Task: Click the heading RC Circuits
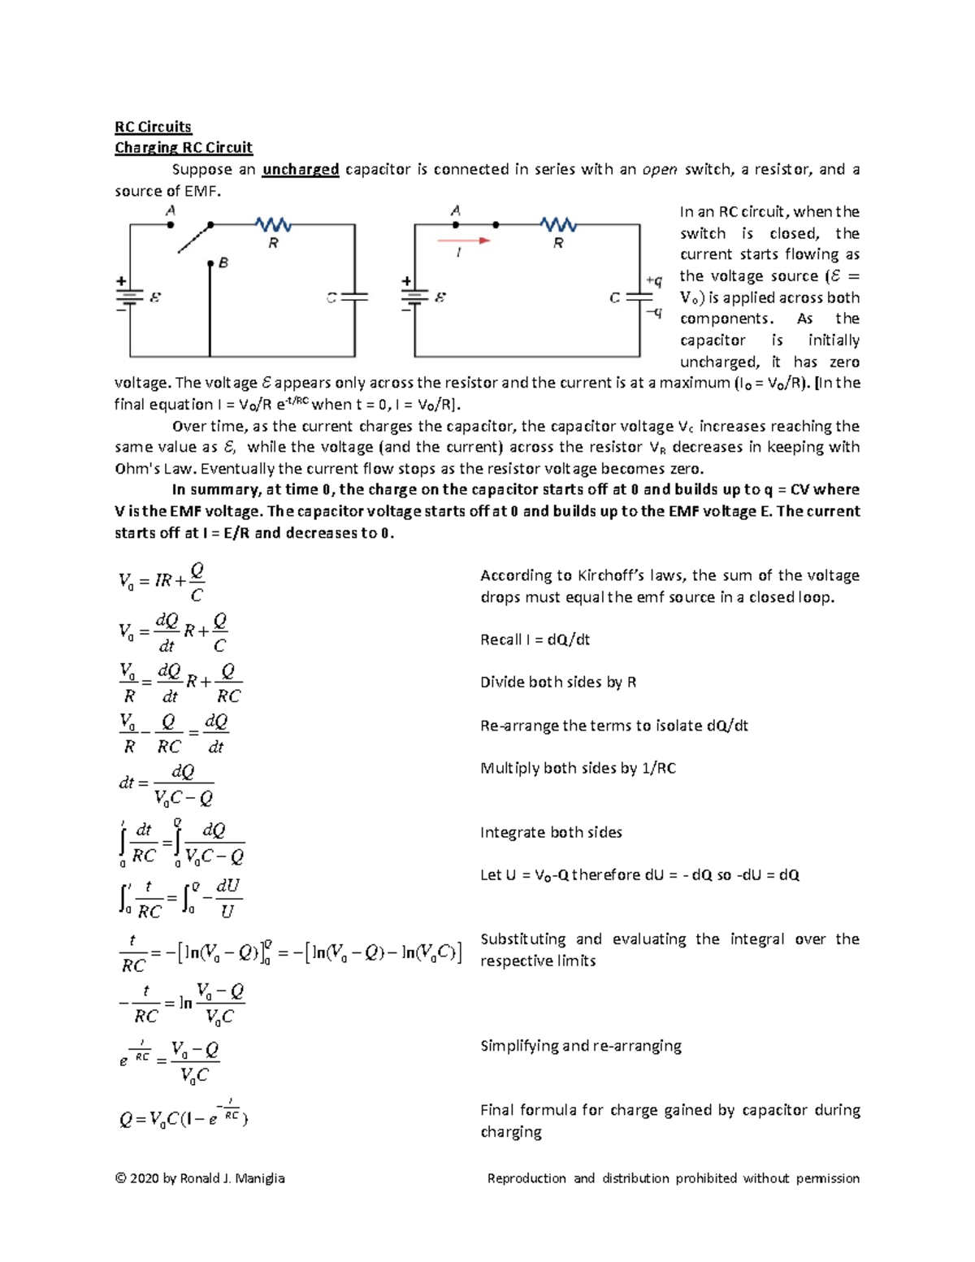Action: pyautogui.click(x=153, y=127)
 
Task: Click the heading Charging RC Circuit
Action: pyautogui.click(x=183, y=148)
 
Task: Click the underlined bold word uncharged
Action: pyautogui.click(x=300, y=170)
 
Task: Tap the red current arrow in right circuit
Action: pyautogui.click(x=464, y=241)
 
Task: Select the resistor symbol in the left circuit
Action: pyautogui.click(x=273, y=224)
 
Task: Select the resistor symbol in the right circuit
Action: pyautogui.click(x=558, y=224)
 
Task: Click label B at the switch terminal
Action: pyautogui.click(x=223, y=263)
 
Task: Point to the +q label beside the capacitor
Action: pyautogui.click(x=653, y=280)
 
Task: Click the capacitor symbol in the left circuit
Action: pyautogui.click(x=354, y=297)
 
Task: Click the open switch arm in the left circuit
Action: pyautogui.click(x=194, y=238)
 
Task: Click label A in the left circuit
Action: pyautogui.click(x=171, y=210)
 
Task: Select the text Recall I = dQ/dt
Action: pyautogui.click(x=535, y=640)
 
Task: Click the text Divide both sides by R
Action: pyautogui.click(x=558, y=683)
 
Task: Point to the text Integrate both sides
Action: pyautogui.click(x=551, y=833)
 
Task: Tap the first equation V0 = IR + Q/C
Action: pyautogui.click(x=162, y=581)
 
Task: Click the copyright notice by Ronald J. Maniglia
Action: pyautogui.click(x=200, y=1178)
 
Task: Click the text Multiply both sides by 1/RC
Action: pyautogui.click(x=578, y=769)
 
